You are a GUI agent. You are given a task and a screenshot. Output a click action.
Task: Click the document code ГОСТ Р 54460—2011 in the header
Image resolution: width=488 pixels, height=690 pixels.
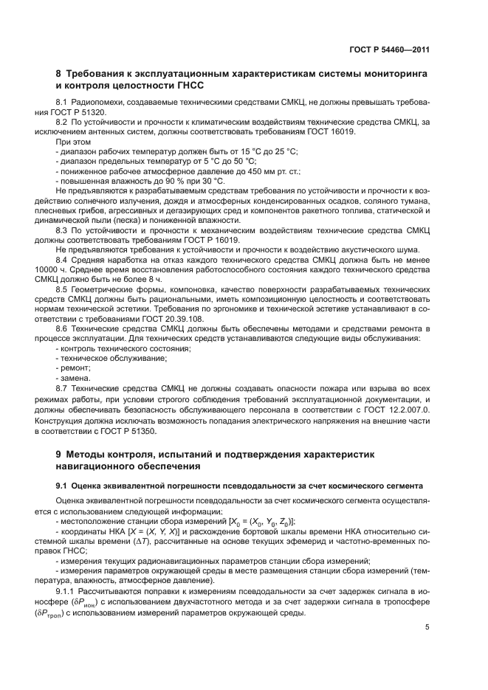(389, 49)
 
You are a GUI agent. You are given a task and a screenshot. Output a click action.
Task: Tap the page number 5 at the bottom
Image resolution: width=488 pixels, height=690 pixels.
(427, 627)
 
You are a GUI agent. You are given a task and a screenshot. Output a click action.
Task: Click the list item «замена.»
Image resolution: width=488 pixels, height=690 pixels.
(75, 378)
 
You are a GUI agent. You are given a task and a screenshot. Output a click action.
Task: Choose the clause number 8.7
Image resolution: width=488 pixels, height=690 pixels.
(63, 387)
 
